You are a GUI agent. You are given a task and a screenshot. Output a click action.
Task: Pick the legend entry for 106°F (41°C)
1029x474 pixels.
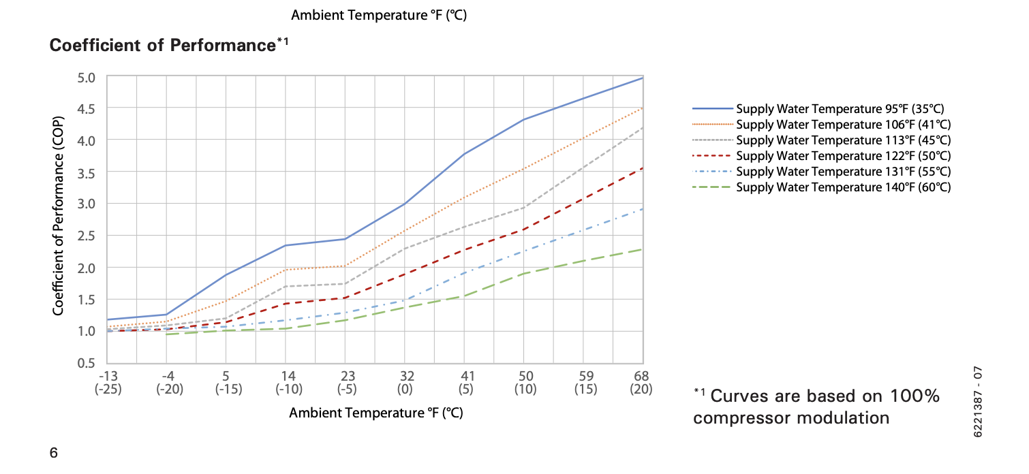(844, 125)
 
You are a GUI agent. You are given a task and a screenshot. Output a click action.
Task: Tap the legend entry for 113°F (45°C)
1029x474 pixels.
(844, 140)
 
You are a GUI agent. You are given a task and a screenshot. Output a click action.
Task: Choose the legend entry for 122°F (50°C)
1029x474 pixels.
(844, 156)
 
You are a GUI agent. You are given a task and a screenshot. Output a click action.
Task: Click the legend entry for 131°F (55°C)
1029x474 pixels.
(844, 172)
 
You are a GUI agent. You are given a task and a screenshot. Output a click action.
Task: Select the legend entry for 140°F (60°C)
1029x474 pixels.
(844, 187)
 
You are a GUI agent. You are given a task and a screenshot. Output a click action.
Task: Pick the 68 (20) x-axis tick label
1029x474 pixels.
(641, 383)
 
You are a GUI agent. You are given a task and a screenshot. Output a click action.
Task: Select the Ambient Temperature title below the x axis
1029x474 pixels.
(376, 413)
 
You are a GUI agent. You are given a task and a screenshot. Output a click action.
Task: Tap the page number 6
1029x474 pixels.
(53, 453)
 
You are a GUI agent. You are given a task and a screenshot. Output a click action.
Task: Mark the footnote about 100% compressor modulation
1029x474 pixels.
(816, 407)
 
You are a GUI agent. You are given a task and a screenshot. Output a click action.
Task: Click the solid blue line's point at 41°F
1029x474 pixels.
(463, 155)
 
